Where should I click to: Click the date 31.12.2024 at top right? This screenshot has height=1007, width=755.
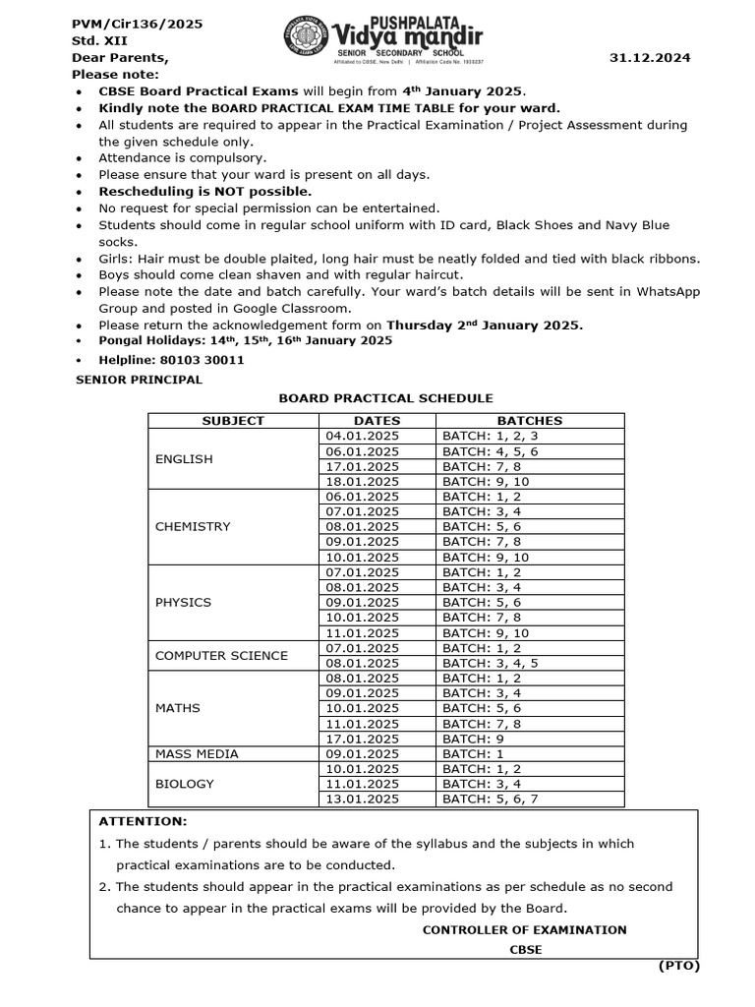pyautogui.click(x=651, y=58)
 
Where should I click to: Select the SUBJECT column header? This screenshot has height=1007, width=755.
pyautogui.click(x=233, y=421)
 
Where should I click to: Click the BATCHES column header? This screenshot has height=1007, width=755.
pyautogui.click(x=530, y=421)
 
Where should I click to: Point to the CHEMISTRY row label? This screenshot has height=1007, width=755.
pyautogui.click(x=193, y=526)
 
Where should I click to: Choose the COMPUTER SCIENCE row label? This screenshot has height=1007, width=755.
pyautogui.click(x=221, y=656)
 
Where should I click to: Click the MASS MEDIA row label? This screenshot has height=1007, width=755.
pyautogui.click(x=197, y=754)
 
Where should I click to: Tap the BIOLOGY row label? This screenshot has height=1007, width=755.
pyautogui.click(x=184, y=784)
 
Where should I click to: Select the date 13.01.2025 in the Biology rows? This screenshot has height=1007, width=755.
pyautogui.click(x=362, y=800)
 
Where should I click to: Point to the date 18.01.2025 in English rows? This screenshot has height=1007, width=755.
pyautogui.click(x=362, y=481)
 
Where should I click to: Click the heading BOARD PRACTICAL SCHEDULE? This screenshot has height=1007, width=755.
pyautogui.click(x=385, y=398)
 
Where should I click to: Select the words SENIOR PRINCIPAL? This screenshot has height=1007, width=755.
pyautogui.click(x=139, y=380)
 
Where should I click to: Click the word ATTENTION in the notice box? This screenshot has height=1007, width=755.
pyautogui.click(x=143, y=821)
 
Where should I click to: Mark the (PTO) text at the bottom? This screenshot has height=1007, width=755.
pyautogui.click(x=678, y=966)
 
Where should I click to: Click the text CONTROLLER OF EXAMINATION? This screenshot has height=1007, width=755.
pyautogui.click(x=524, y=929)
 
